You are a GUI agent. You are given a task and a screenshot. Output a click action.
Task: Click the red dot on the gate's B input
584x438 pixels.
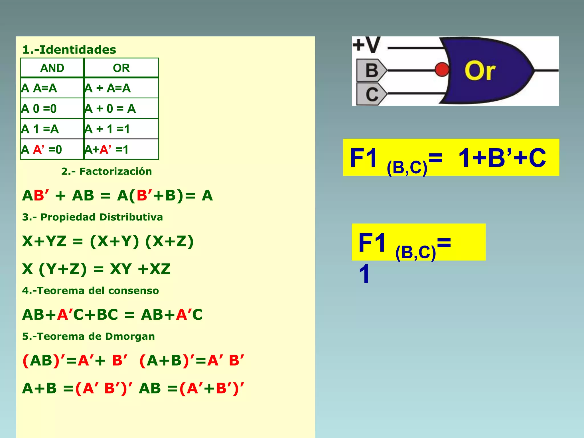pyautogui.click(x=442, y=70)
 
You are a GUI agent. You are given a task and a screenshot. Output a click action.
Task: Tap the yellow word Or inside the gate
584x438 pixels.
pyautogui.click(x=480, y=71)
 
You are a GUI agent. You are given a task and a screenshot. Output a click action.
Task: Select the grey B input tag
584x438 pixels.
pyautogui.click(x=371, y=70)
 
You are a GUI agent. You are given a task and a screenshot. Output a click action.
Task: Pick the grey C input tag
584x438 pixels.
pyautogui.click(x=371, y=94)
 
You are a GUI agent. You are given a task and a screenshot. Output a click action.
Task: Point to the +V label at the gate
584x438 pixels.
pyautogui.click(x=366, y=45)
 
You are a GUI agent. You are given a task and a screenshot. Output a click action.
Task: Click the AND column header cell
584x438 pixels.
pyautogui.click(x=52, y=68)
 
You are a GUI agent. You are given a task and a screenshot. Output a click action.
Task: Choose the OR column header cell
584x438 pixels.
pyautogui.click(x=121, y=68)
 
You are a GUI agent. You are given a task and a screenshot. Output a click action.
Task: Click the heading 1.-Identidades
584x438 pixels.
pyautogui.click(x=69, y=50)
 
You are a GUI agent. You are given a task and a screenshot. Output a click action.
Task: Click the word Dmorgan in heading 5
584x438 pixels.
pyautogui.click(x=130, y=336)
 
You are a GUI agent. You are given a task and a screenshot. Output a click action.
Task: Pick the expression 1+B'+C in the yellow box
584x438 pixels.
pyautogui.click(x=502, y=158)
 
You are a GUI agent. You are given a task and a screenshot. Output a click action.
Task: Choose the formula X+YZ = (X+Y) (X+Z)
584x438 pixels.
pyautogui.click(x=108, y=241)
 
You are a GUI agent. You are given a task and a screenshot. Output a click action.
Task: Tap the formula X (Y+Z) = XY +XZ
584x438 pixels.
pyautogui.click(x=96, y=269)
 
